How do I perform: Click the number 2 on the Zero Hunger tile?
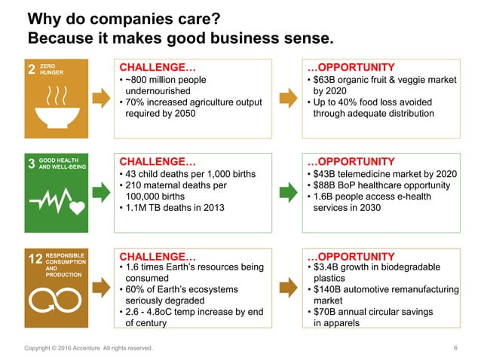point(31,70)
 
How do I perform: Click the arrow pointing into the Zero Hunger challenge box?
point(100,96)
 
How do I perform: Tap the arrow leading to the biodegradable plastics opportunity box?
point(287,286)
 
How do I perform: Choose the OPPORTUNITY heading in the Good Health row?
point(352,161)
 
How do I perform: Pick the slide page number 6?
point(455,348)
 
